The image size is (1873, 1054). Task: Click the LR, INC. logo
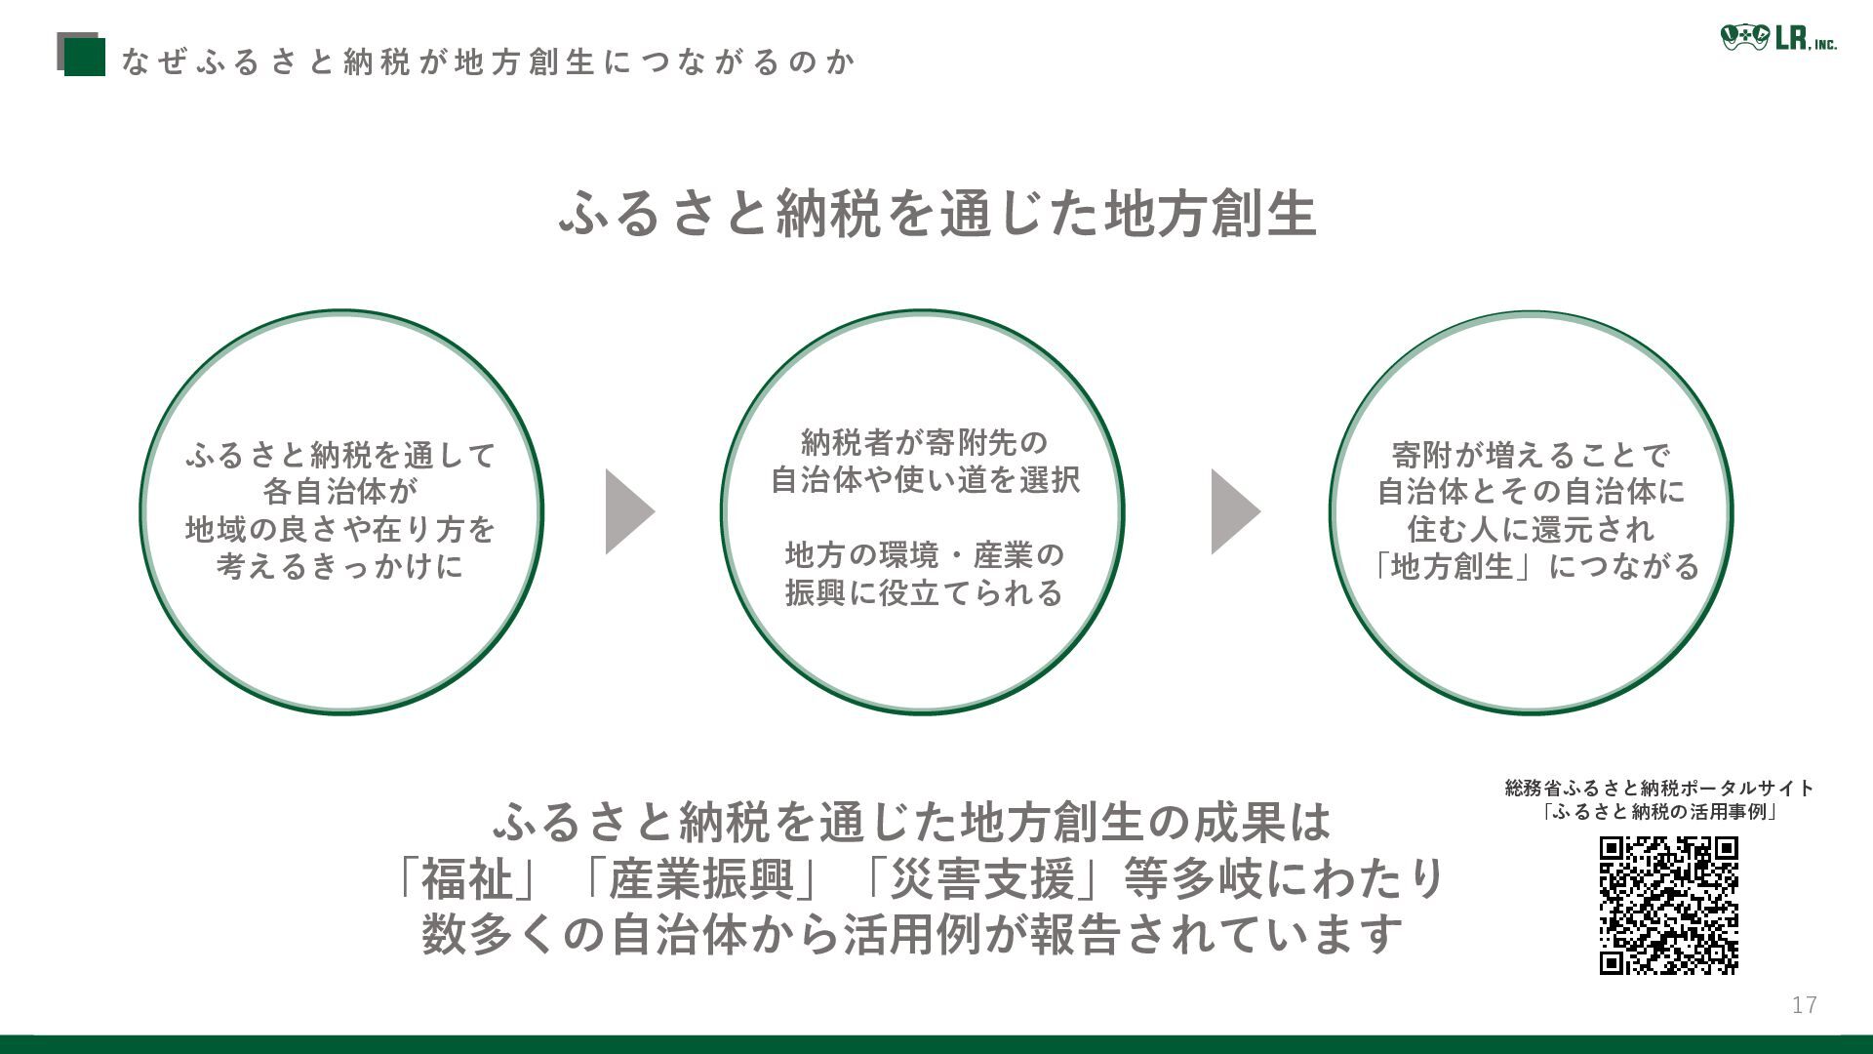click(x=1777, y=39)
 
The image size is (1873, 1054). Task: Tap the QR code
click(x=1668, y=905)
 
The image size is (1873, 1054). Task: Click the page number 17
click(x=1804, y=1005)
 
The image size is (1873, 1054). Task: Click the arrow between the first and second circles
click(x=629, y=511)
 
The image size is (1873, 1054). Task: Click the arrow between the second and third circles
click(x=1235, y=511)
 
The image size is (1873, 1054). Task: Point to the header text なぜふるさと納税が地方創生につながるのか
click(x=489, y=62)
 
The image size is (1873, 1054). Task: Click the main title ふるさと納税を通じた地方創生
click(x=937, y=214)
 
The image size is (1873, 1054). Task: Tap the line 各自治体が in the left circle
click(x=340, y=492)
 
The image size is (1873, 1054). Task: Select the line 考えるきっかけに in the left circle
click(x=340, y=566)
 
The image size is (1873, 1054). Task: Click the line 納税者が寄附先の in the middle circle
click(x=923, y=442)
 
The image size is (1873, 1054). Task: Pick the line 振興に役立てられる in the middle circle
click(x=923, y=592)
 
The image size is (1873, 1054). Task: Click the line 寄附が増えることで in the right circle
click(x=1531, y=455)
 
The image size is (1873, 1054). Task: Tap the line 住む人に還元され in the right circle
click(x=1531, y=529)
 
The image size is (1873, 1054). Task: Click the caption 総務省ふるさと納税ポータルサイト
click(x=1659, y=788)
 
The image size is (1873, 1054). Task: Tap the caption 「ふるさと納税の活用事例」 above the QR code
click(x=1659, y=812)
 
